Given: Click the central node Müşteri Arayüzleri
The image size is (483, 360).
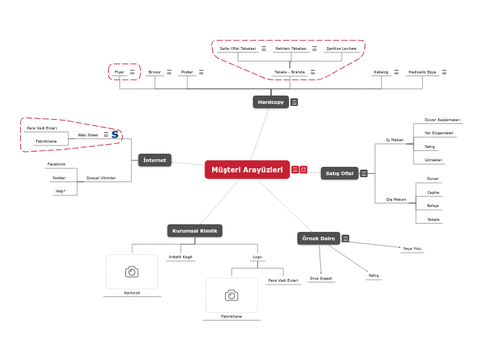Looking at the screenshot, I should click(247, 170).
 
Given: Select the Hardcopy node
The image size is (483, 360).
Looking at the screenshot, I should click(270, 102).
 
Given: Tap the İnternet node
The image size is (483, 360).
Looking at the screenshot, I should click(155, 160).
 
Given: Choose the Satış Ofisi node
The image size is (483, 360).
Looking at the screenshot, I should click(340, 173).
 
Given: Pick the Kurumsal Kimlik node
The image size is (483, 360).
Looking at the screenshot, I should click(195, 231).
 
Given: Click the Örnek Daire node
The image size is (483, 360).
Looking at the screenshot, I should click(319, 238).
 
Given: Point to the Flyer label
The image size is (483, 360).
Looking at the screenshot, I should click(119, 72).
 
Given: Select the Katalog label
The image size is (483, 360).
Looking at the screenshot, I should click(381, 72).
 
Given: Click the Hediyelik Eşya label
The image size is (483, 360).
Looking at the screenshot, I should click(422, 72).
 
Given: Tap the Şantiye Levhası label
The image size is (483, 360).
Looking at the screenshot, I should click(341, 48).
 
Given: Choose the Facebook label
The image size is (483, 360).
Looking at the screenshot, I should click(56, 164).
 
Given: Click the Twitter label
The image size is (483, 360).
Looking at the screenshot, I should click(59, 178).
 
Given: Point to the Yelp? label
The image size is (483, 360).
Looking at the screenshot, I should click(60, 191).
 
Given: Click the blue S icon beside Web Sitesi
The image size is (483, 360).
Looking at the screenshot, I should click(115, 134).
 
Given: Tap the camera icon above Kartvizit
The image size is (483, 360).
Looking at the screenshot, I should click(132, 271).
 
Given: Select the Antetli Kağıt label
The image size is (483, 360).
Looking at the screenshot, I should click(180, 257).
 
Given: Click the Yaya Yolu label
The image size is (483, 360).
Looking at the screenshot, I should click(412, 248).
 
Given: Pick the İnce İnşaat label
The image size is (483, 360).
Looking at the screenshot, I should click(321, 278).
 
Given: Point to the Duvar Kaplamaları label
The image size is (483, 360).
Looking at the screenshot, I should click(442, 120).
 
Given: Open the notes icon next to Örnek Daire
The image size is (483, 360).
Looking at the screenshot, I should click(345, 239).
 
